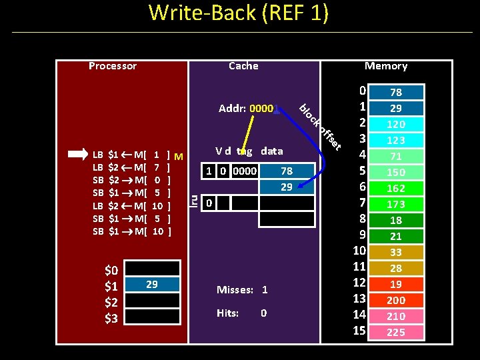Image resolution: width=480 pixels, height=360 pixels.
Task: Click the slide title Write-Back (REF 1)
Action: pyautogui.click(x=238, y=13)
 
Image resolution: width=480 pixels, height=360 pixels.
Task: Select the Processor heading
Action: pyautogui.click(x=113, y=65)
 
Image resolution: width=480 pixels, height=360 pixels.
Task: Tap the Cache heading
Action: pyautogui.click(x=243, y=65)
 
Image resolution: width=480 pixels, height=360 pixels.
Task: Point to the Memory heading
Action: pyautogui.click(x=385, y=65)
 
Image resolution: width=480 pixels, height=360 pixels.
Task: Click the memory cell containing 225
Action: pyautogui.click(x=396, y=332)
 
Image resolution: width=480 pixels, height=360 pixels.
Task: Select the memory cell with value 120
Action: pyautogui.click(x=396, y=124)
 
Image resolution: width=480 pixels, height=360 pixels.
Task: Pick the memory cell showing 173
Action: pyautogui.click(x=396, y=204)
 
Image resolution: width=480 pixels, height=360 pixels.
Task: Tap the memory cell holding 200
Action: pyautogui.click(x=396, y=300)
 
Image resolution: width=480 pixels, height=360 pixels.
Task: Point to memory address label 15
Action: pyautogui.click(x=359, y=331)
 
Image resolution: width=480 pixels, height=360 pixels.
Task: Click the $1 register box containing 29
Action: pyautogui.click(x=152, y=285)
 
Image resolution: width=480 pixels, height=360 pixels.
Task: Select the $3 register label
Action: pyautogui.click(x=111, y=319)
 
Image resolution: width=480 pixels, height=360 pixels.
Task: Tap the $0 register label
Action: pyautogui.click(x=111, y=271)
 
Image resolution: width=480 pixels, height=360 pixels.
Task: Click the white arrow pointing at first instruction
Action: pyautogui.click(x=77, y=153)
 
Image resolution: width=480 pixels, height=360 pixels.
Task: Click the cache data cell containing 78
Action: pyautogui.click(x=286, y=171)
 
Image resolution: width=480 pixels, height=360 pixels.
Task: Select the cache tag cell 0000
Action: pyautogui.click(x=244, y=171)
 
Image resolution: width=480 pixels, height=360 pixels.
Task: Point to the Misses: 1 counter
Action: pyautogui.click(x=242, y=290)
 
